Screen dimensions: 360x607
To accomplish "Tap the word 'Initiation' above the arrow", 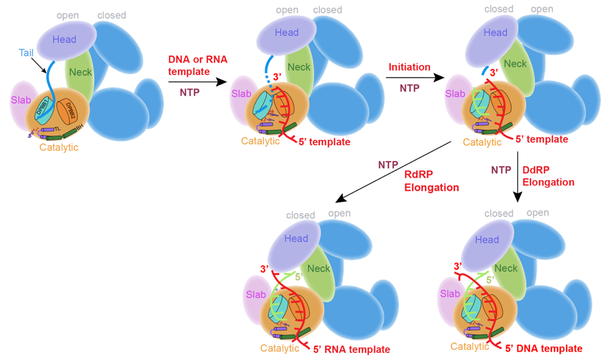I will click(409, 66).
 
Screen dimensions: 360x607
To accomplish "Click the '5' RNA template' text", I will click(351, 349).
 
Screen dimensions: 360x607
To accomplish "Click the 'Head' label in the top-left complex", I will click(64, 40).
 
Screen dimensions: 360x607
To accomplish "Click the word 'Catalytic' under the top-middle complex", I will click(260, 141).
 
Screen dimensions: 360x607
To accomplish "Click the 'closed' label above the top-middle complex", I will click(327, 10).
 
